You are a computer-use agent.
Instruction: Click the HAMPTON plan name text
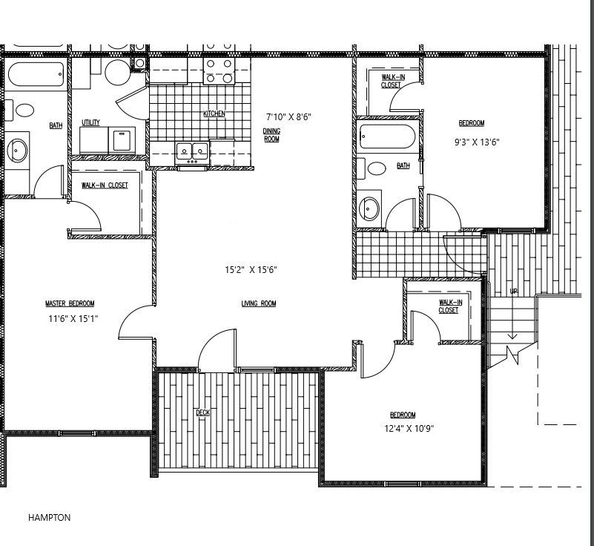[49, 518]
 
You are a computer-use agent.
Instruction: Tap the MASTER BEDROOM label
[70, 303]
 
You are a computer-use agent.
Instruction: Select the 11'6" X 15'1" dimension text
[73, 318]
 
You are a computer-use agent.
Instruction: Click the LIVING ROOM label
[259, 303]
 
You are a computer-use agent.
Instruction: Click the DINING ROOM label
[271, 134]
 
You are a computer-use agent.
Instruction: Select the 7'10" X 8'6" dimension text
[288, 116]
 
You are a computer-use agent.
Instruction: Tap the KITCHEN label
[214, 114]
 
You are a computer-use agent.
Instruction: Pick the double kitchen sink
[192, 151]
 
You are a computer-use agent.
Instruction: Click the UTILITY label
[90, 123]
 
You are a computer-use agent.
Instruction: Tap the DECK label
[202, 412]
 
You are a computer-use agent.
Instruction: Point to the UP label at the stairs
[513, 292]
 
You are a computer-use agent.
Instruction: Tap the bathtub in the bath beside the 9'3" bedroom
[387, 137]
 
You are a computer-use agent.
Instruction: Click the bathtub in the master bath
[36, 75]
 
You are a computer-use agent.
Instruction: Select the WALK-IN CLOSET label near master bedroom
[105, 185]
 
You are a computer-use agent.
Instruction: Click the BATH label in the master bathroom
[56, 125]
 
